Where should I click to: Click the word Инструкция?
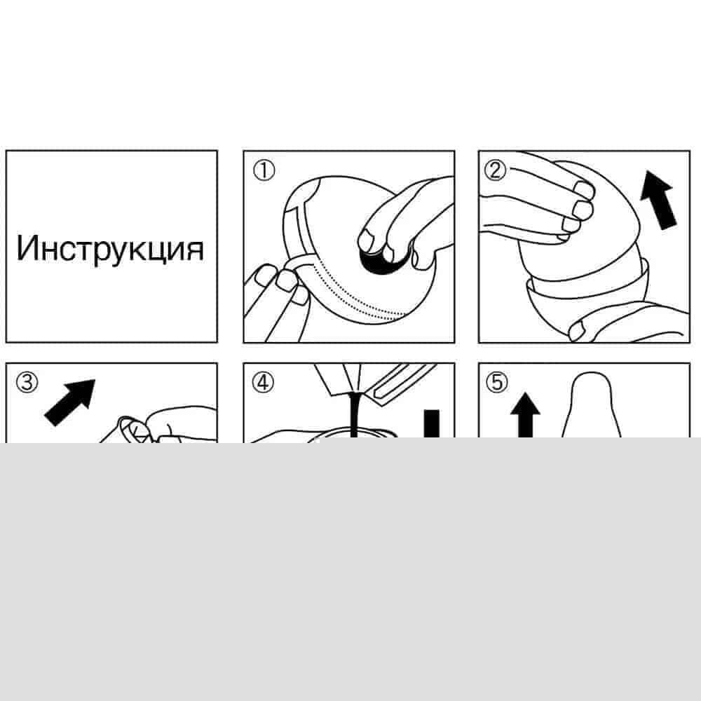click(110, 249)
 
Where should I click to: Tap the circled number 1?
click(264, 170)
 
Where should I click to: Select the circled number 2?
click(496, 170)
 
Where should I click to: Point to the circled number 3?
click(27, 383)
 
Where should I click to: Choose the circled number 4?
click(263, 383)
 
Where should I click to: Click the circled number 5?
click(497, 383)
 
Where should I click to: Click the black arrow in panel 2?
click(658, 200)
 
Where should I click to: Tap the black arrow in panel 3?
click(70, 402)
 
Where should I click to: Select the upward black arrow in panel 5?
click(525, 415)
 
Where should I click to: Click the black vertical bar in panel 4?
click(431, 424)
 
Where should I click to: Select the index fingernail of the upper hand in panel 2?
click(583, 189)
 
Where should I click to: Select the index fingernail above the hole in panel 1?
click(367, 240)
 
